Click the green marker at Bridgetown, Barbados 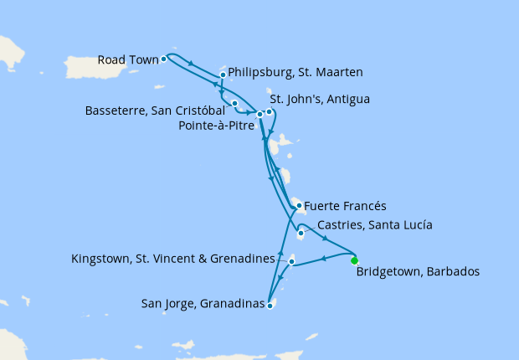tap(354, 260)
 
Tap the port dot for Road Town tap(164, 59)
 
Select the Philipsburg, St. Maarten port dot tap(223, 75)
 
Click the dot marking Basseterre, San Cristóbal tap(234, 104)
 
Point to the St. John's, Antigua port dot tap(269, 112)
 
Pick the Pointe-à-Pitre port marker tap(259, 115)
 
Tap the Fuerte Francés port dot tap(298, 205)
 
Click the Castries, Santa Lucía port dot tap(300, 234)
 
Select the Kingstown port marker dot tap(290, 263)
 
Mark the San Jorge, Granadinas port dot tap(270, 306)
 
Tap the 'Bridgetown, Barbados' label tap(417, 272)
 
